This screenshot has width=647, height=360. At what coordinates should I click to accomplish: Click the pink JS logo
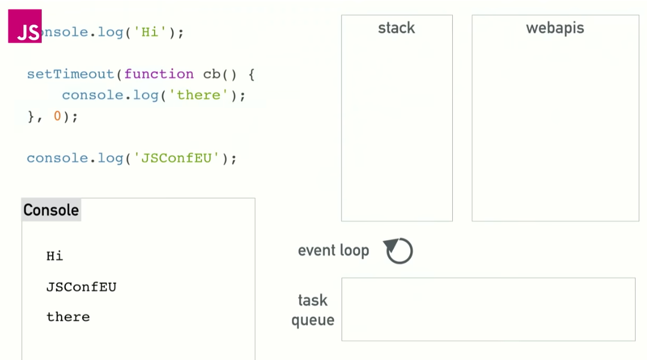[x=25, y=26]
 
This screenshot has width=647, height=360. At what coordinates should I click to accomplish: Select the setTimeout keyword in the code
[x=70, y=74]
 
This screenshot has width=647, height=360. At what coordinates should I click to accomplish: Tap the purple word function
[x=159, y=74]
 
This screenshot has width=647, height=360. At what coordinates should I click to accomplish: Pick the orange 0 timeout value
[x=58, y=116]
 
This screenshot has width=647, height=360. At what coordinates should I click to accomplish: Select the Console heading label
[x=51, y=210]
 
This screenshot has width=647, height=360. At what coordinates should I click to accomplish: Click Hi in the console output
[x=55, y=256]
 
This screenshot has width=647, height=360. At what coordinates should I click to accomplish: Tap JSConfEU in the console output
[x=81, y=287]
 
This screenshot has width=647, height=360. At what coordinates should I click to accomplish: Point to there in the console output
[x=68, y=317]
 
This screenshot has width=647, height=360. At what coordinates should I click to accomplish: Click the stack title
[x=396, y=28]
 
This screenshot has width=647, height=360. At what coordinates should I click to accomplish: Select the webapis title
[x=555, y=28]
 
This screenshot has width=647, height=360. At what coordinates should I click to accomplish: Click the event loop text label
[x=333, y=250]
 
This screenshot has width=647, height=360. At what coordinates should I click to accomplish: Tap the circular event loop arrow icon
[x=398, y=250]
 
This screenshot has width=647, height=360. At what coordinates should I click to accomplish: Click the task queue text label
[x=313, y=310]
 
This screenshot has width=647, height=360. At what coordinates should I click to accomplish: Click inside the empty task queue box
[x=488, y=309]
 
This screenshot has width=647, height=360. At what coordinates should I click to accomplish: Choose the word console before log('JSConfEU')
[x=58, y=158]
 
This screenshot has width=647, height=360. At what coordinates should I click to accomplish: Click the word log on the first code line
[x=110, y=32]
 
